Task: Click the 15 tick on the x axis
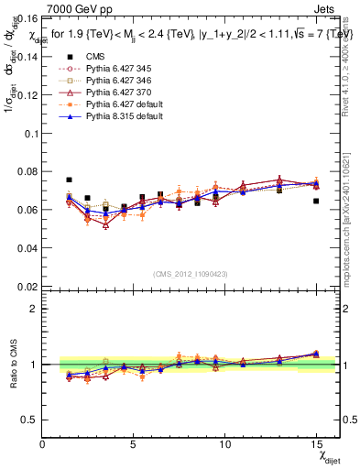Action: coord(316,444)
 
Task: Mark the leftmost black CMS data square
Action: coord(69,180)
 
